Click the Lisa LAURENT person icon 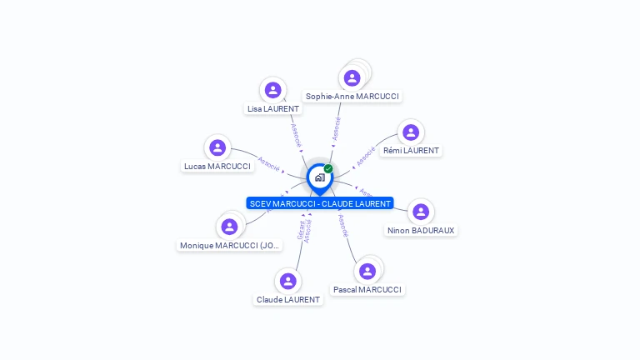[272, 90]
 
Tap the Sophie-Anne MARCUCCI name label [352, 97]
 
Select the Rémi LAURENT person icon [410, 132]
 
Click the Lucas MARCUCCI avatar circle [217, 147]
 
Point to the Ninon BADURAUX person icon [421, 212]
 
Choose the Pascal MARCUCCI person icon [367, 272]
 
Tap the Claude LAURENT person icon [288, 281]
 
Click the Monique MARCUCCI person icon [229, 227]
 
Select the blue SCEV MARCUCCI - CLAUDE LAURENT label [320, 203]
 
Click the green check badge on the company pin [328, 168]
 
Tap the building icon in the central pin [319, 177]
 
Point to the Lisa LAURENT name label [272, 109]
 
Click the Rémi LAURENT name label [411, 151]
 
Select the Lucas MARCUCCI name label [217, 167]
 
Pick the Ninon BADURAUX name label [422, 231]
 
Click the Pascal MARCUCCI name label [367, 290]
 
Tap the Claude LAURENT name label [288, 300]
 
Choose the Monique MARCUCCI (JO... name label [231, 246]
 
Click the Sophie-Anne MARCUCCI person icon [352, 78]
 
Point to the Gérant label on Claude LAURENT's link [301, 231]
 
